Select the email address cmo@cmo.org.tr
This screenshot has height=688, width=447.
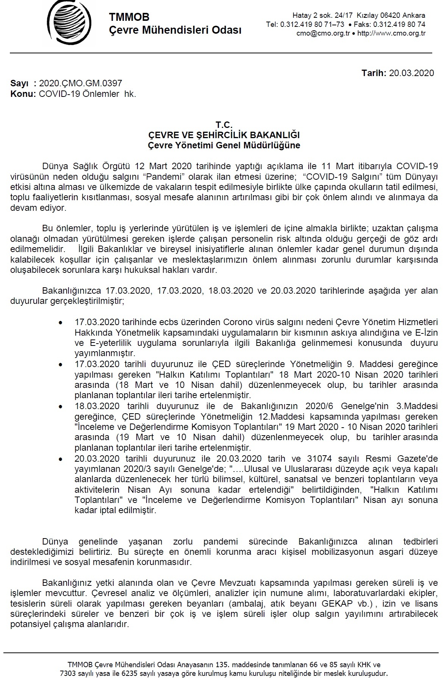coord(323,33)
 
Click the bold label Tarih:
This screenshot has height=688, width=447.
coord(374,73)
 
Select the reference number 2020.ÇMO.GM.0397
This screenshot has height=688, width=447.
coord(80,84)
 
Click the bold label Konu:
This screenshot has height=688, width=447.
coord(23,94)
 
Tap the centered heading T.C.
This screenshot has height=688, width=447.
coord(223,125)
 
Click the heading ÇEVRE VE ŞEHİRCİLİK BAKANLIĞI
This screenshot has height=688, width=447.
coord(223,135)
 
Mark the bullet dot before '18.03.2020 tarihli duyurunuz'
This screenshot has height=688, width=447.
coord(61,407)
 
